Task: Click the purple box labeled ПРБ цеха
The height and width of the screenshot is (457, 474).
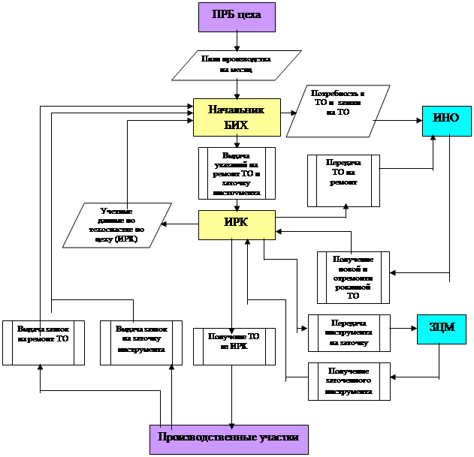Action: pos(237,17)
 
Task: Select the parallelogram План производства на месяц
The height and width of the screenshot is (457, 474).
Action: pos(237,65)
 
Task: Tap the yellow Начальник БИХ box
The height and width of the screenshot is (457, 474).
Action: pos(237,117)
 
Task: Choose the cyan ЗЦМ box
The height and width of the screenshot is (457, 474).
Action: pos(442,329)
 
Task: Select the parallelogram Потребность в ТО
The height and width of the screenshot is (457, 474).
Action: pos(338,112)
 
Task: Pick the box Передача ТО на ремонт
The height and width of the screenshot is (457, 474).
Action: pos(343,180)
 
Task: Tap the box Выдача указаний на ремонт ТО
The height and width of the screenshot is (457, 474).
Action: pos(237,173)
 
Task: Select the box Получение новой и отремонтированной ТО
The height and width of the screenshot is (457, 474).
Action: pos(353,277)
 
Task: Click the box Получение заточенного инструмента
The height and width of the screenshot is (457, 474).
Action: pos(349,381)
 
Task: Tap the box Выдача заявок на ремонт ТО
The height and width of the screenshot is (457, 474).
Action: pos(43,343)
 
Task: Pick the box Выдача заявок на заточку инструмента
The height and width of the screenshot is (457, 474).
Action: pos(142,343)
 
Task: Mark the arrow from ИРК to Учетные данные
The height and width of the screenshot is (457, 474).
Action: pos(181,224)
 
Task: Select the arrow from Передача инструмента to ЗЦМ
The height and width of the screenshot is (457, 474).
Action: pos(403,328)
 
